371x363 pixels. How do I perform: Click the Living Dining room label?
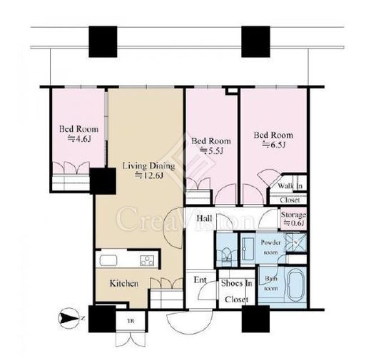pos(148,165)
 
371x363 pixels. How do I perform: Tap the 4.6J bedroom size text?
pos(79,138)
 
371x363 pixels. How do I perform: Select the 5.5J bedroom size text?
pos(211,150)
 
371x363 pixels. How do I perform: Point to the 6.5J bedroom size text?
pos(274,145)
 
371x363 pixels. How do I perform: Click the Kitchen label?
pos(124,283)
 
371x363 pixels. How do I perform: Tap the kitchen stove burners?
pos(147,260)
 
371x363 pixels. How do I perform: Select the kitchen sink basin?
pos(108,260)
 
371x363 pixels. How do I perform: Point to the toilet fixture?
pos(226,256)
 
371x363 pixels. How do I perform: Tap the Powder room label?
pos(271,247)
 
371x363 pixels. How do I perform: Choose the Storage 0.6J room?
pos(293,219)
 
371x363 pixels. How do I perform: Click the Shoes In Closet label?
pos(236,291)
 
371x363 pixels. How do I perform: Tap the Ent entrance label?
pos(200,280)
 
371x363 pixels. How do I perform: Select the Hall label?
pos(204,218)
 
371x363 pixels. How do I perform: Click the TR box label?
pos(131,321)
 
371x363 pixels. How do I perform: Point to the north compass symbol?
pos(68,318)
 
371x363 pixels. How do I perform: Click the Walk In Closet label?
pos(290,193)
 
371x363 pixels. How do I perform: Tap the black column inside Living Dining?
pos(103,181)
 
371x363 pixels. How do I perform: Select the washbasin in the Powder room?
pos(248,249)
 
